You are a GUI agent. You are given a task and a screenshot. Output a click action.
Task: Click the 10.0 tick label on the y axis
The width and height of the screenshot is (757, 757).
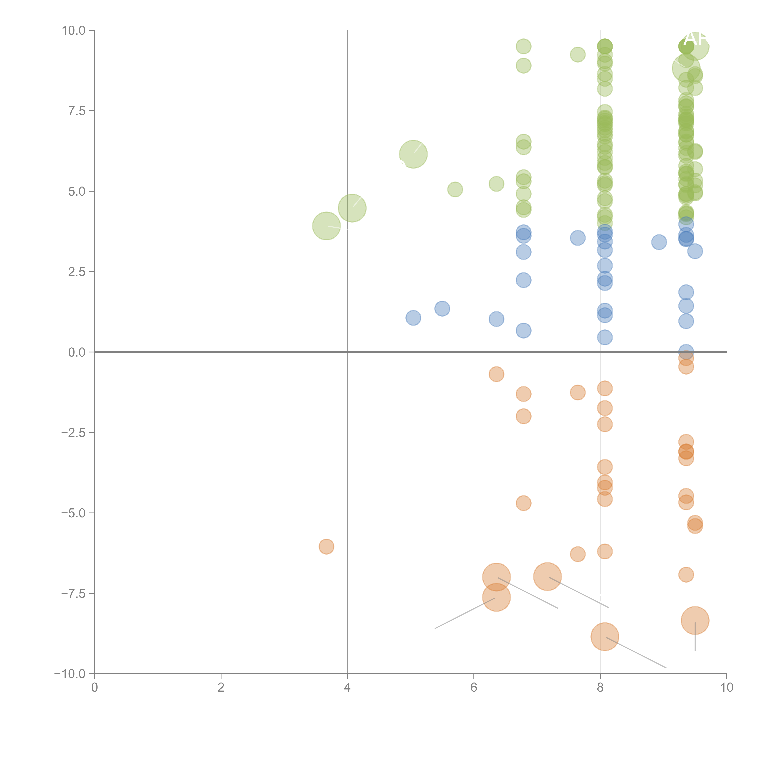point(74,31)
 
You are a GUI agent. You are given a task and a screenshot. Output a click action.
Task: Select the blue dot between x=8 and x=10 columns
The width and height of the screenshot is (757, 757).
point(659,242)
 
